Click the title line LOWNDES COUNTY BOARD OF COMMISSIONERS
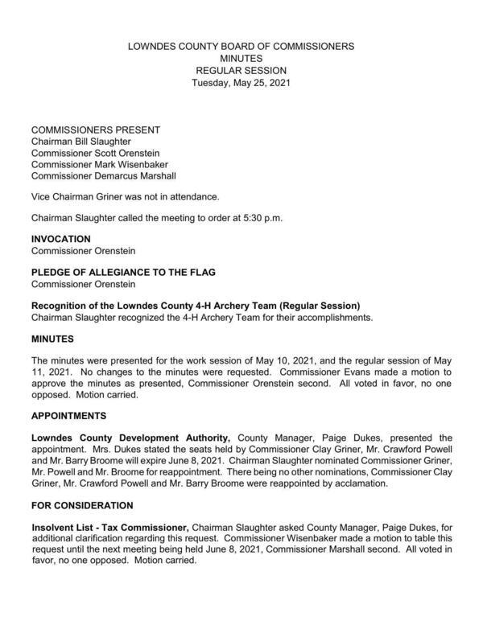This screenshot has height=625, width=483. pos(241,47)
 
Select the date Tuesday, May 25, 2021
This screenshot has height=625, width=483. pos(241,82)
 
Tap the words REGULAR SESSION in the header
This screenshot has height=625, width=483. pos(241,71)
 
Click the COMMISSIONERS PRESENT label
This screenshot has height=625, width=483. pos(95,130)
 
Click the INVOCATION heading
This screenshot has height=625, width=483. pos(60,239)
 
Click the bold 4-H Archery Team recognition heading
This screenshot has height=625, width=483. pos(195,305)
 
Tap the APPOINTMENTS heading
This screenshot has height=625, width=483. pos(72,416)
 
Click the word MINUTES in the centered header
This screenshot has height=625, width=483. pos(241,59)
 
